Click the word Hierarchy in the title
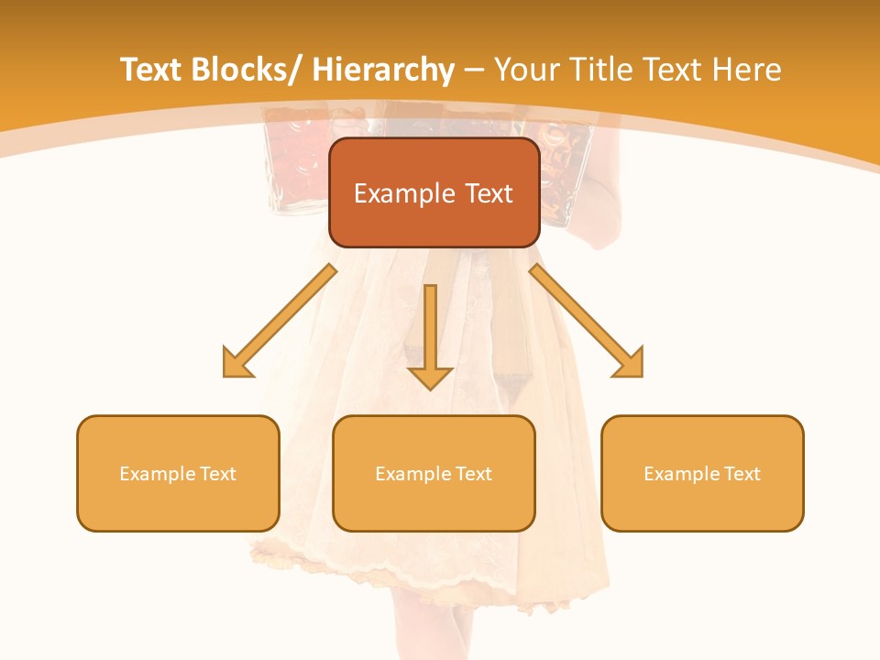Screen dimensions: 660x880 (383, 71)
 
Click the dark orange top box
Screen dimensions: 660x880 (434, 192)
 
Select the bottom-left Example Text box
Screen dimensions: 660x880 (178, 473)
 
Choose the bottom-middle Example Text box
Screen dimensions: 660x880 (434, 473)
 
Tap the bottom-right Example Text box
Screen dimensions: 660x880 (702, 473)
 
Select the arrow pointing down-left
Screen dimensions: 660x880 (280, 322)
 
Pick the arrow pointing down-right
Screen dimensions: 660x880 (587, 321)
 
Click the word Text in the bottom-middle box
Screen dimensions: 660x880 (474, 474)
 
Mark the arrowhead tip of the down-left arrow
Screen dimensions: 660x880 (225, 375)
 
